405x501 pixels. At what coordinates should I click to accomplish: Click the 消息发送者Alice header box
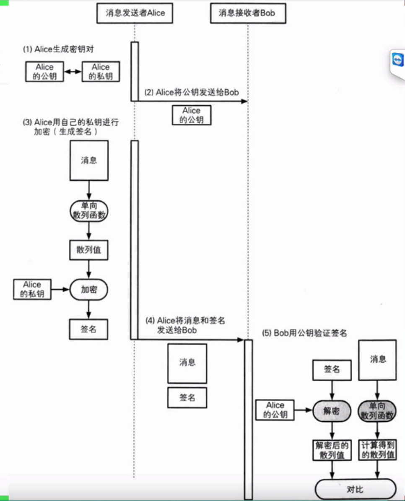click(135, 13)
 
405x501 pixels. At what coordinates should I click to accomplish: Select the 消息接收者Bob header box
click(248, 13)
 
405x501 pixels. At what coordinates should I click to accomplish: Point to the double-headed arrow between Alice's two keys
click(73, 72)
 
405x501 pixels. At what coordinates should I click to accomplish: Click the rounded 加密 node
click(88, 289)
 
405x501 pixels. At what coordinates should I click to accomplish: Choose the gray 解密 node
click(331, 411)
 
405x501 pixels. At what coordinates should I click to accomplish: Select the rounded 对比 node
click(355, 489)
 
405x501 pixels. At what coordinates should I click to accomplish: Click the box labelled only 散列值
click(88, 251)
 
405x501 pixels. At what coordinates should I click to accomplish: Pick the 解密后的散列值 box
click(331, 450)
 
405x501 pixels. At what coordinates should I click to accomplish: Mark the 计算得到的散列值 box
click(378, 450)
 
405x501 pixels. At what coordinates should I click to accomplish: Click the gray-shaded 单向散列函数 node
click(377, 411)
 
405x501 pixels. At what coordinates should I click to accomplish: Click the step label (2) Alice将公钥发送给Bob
click(192, 93)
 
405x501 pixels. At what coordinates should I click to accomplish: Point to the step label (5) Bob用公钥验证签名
click(305, 333)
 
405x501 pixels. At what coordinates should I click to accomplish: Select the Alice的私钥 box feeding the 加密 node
click(32, 289)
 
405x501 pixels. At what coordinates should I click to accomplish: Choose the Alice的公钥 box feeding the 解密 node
click(275, 410)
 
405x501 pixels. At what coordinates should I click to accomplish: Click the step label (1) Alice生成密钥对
click(58, 49)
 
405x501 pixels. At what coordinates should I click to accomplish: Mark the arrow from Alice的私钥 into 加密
click(60, 289)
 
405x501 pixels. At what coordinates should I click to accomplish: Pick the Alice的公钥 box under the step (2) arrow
click(192, 115)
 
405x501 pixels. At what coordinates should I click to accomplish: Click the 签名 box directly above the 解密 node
click(331, 369)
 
